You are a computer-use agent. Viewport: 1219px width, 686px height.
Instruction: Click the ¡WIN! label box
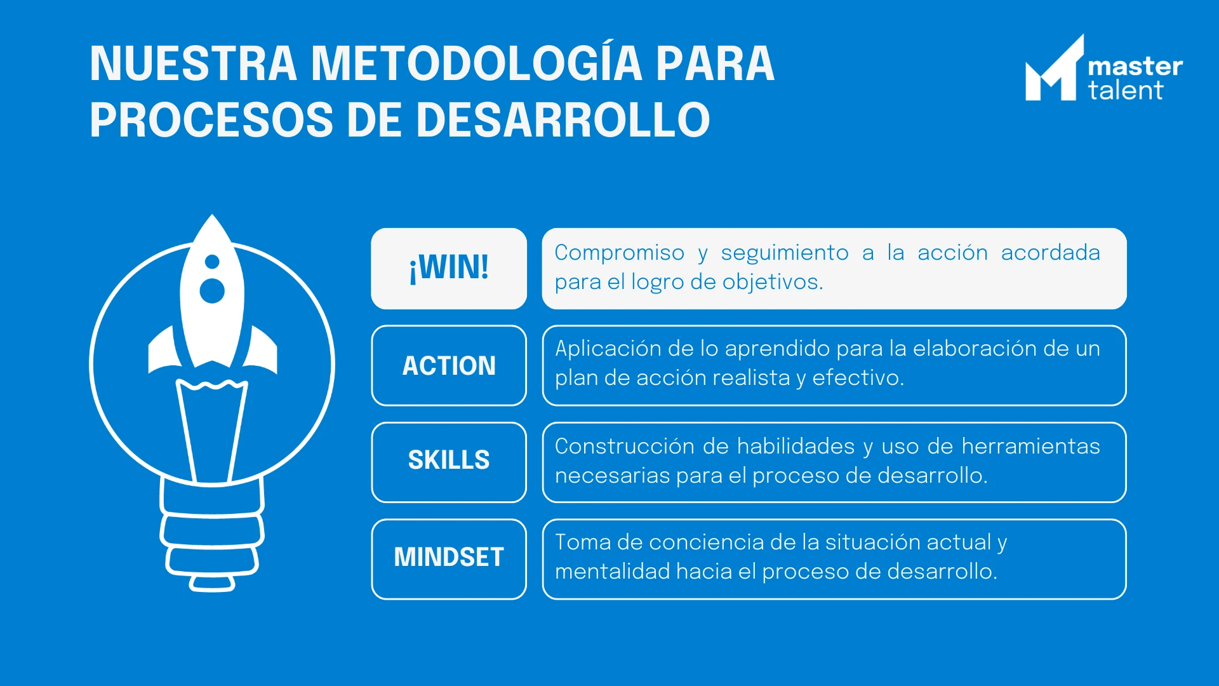coord(449,269)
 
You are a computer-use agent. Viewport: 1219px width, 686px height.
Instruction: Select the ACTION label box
coord(449,365)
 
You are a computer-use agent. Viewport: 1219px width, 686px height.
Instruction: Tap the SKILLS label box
coord(449,462)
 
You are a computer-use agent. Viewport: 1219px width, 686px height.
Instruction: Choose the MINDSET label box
coord(449,559)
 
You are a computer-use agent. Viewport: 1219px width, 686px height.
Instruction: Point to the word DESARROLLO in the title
coord(563,120)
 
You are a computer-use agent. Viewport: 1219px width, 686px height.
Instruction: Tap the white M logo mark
coord(1055,68)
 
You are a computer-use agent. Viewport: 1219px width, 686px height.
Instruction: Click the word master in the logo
coord(1135,67)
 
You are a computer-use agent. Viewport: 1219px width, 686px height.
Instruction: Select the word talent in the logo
coord(1126,90)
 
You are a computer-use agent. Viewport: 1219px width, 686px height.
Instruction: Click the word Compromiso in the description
coord(620,253)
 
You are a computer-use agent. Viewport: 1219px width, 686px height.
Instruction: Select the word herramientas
coord(1030,446)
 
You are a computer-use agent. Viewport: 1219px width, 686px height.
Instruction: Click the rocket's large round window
coord(212,291)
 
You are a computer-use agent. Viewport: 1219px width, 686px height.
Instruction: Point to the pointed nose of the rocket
coord(212,217)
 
